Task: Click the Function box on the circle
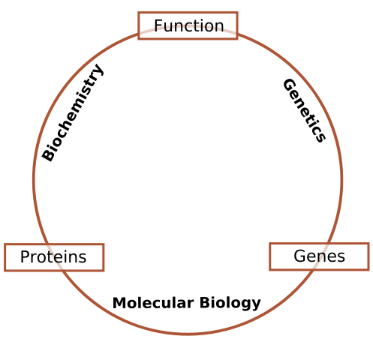(x=188, y=25)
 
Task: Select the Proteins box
(x=54, y=257)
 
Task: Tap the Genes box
(x=319, y=256)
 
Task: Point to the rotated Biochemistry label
(x=73, y=112)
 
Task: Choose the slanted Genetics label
(x=304, y=110)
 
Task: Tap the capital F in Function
(x=158, y=26)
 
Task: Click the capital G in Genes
(x=299, y=256)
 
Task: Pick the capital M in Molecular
(x=118, y=304)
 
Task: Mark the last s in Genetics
(x=320, y=137)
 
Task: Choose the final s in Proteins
(x=83, y=258)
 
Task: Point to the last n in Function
(x=219, y=27)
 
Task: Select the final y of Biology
(x=257, y=305)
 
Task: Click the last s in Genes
(x=341, y=257)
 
